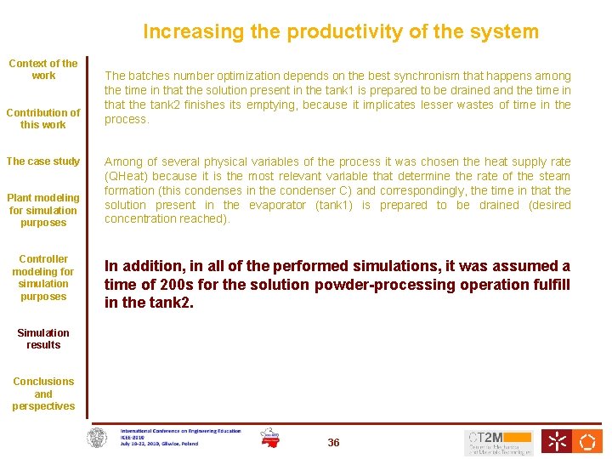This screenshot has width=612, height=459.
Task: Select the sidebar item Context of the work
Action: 43,70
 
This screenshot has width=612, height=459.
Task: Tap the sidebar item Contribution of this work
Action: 43,118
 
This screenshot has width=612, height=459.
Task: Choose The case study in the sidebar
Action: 43,161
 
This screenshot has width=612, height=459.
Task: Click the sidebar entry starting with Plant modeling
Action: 43,210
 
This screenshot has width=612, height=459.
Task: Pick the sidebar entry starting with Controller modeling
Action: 43,277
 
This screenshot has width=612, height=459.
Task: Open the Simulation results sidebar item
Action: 43,338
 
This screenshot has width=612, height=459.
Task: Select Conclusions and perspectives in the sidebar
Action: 43,394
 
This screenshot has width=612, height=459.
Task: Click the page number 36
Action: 333,443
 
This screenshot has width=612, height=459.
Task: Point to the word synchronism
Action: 431,76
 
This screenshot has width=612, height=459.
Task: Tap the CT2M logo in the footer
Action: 499,441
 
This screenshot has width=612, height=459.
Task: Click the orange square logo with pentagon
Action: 586,441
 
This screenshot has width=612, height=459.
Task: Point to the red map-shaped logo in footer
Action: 269,437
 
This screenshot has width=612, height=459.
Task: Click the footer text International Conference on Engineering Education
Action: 180,431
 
